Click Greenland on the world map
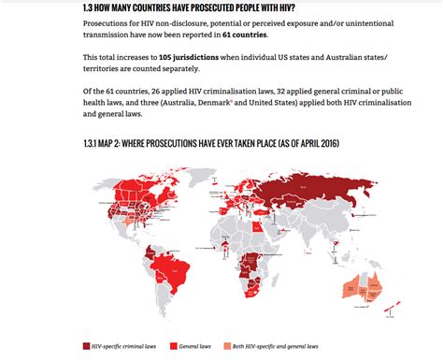(187, 168)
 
